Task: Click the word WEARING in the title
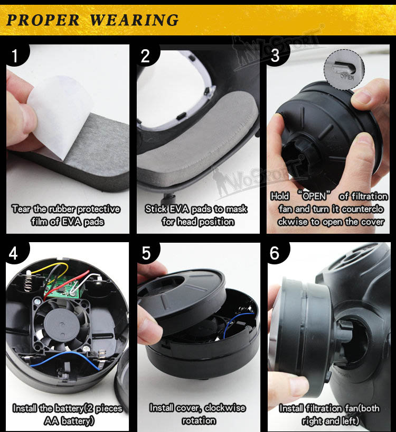[x=134, y=20]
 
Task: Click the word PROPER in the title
[x=43, y=20]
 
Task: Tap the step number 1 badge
[x=16, y=55]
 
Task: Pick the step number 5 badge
[x=147, y=253]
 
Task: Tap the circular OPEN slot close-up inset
[x=344, y=69]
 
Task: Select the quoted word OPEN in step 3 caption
[x=314, y=196]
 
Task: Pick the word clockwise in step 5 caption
[x=225, y=408]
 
